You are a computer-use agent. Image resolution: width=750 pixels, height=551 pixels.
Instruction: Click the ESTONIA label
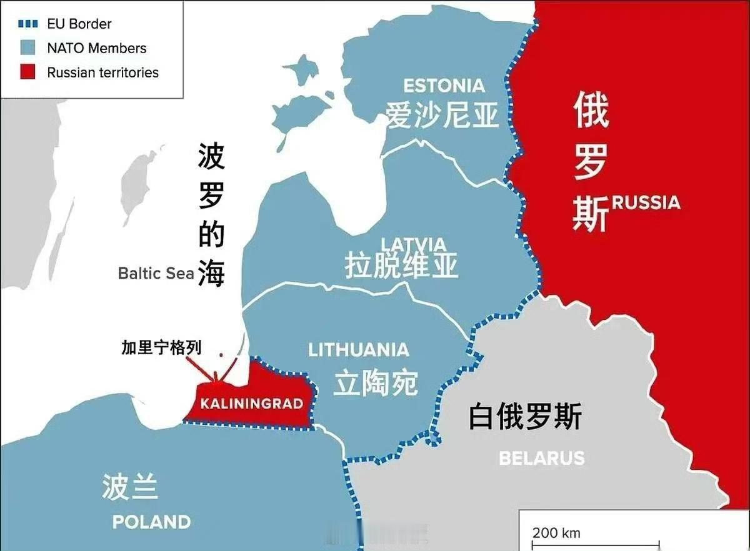point(444,86)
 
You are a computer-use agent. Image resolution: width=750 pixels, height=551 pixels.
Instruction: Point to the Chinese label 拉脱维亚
point(401,266)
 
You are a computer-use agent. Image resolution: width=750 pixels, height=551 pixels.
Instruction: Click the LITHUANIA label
point(359,350)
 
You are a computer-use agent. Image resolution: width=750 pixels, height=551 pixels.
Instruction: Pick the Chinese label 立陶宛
point(375,382)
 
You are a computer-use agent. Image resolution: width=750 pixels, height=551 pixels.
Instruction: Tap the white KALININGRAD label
point(251,404)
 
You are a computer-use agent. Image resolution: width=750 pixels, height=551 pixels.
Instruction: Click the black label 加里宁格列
point(162,348)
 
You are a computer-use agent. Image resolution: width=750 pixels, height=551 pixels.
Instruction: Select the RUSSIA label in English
point(646,202)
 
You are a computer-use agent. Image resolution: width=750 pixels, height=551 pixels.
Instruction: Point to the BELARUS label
point(542,458)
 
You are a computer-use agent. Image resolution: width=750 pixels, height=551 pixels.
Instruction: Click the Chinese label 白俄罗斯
point(525,417)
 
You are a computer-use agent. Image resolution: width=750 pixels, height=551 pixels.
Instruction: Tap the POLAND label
point(151,521)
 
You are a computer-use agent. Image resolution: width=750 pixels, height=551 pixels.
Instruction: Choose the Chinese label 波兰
point(129,487)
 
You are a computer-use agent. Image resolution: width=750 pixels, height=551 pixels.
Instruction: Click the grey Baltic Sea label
point(156,273)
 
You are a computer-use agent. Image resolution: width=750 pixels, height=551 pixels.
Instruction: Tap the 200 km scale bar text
point(556,533)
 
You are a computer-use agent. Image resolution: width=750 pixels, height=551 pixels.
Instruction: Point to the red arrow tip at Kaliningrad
point(216,379)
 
